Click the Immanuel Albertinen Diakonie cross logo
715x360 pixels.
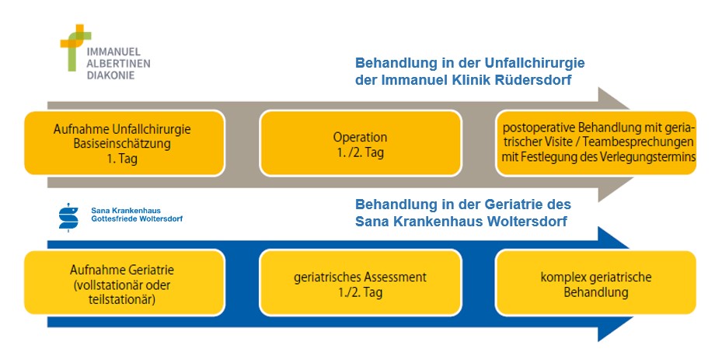tap(75, 47)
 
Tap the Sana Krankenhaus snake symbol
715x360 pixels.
tap(68, 218)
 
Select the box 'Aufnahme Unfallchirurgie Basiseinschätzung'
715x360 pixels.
tap(124, 143)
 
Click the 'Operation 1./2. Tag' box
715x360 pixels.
tap(361, 143)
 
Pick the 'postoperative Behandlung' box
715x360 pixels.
tap(596, 143)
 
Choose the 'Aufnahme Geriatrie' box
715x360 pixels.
tap(124, 283)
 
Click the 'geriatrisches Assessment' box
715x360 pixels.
tap(361, 283)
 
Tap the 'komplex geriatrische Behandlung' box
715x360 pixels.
tap(596, 283)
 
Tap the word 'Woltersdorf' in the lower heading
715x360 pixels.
tap(527, 222)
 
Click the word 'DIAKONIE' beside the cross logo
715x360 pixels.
tap(111, 75)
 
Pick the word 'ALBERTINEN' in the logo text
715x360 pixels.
tap(119, 64)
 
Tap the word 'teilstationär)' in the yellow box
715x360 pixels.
tap(122, 300)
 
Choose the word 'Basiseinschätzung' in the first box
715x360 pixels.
tap(122, 144)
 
